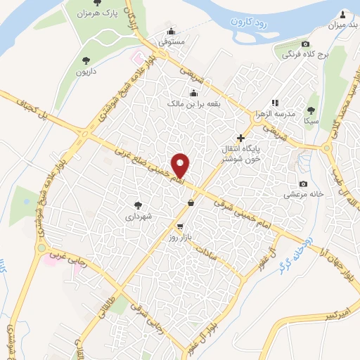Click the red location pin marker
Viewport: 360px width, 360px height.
(x=181, y=165)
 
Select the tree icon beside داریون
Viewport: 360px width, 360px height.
(x=86, y=60)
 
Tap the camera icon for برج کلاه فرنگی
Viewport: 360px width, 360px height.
(x=305, y=44)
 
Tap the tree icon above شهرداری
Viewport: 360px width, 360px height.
(x=138, y=207)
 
